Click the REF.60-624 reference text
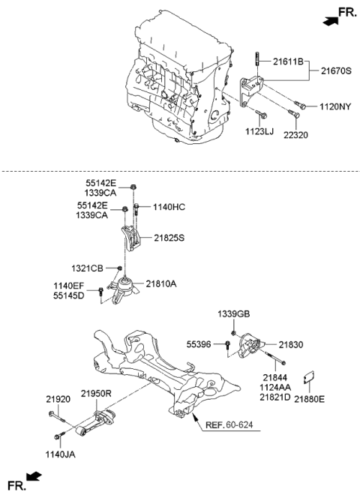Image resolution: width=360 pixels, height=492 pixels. point(232,424)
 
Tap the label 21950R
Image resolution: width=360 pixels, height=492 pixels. point(96,392)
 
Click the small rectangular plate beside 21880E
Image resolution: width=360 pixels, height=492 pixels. point(309,379)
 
